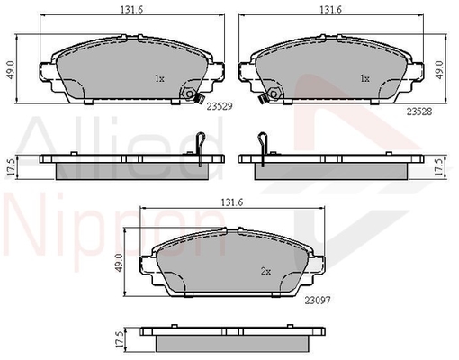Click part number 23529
tap(220, 106)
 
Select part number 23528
tap(419, 112)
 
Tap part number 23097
tap(318, 301)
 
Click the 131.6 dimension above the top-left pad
tap(132, 10)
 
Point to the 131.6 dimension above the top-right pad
tap(330, 10)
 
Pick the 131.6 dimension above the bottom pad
tap(232, 202)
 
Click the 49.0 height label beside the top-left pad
tap(11, 70)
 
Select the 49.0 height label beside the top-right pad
tap(439, 70)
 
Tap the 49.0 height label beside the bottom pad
tap(120, 263)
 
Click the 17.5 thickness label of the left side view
tap(11, 167)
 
